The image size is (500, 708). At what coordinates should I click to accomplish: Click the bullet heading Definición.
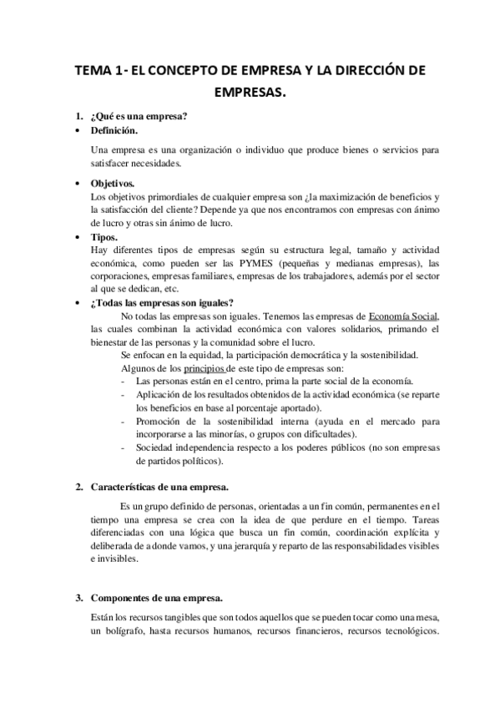click(x=114, y=131)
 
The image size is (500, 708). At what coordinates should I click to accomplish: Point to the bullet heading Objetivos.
click(x=113, y=183)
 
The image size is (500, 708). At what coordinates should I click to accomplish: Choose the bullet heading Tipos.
click(x=104, y=237)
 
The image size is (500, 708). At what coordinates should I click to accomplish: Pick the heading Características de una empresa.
click(x=159, y=487)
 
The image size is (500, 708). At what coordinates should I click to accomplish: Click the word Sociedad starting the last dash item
click(x=156, y=448)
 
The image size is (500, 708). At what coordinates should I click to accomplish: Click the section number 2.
click(x=78, y=487)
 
